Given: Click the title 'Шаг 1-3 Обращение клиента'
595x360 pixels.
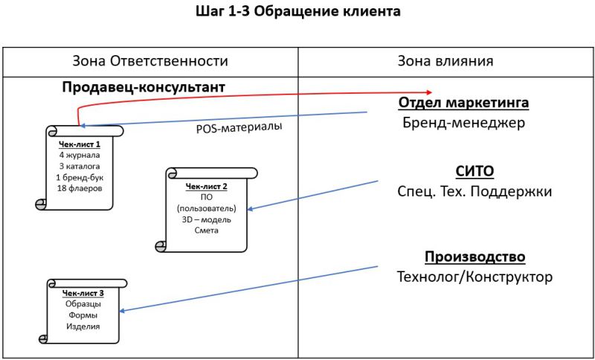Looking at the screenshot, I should pyautogui.click(x=297, y=13).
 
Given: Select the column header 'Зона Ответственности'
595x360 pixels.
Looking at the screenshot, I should pyautogui.click(x=149, y=61).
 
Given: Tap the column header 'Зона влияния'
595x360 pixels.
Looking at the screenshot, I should pyautogui.click(x=446, y=61).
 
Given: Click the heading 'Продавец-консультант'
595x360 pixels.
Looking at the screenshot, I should pyautogui.click(x=144, y=88).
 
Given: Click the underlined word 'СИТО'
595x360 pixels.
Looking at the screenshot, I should pyautogui.click(x=475, y=171).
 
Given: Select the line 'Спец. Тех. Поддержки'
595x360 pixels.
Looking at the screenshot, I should pyautogui.click(x=475, y=192).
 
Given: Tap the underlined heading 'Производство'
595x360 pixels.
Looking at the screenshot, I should pyautogui.click(x=475, y=257).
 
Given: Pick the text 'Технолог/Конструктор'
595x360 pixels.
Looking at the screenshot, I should pyautogui.click(x=475, y=277).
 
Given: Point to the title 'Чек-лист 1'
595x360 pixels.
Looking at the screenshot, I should pyautogui.click(x=79, y=144).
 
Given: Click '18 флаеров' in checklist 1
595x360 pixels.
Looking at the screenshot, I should pyautogui.click(x=79, y=188).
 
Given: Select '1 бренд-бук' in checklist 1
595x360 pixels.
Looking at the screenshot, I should pyautogui.click(x=79, y=177).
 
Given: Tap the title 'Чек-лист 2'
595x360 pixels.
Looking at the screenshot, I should pyautogui.click(x=206, y=186).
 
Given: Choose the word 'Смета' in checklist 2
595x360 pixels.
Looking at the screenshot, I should pyautogui.click(x=206, y=231).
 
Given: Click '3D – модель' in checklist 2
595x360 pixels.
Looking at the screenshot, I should pyautogui.click(x=206, y=219).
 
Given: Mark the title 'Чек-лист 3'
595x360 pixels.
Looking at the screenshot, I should pyautogui.click(x=83, y=293).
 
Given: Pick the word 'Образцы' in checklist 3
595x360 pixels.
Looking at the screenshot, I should pyautogui.click(x=83, y=304).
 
